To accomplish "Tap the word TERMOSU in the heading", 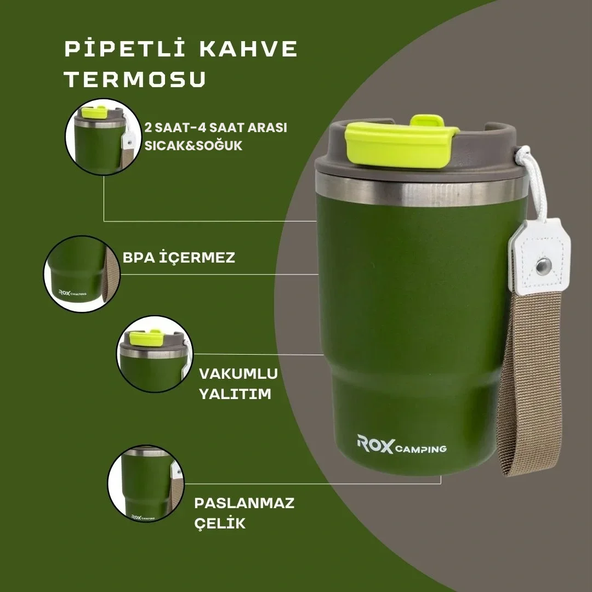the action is (135, 79).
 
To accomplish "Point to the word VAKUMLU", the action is (238, 374).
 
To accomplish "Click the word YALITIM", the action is (235, 394).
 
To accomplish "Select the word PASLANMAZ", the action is (244, 503).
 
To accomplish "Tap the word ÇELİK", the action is (220, 522).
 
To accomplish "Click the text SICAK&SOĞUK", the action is (193, 145).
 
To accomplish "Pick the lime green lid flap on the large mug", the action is (400, 141).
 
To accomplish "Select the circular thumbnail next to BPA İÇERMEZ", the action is (82, 274).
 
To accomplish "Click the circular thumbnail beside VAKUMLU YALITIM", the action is (155, 354).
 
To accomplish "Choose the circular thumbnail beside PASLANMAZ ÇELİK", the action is (146, 483).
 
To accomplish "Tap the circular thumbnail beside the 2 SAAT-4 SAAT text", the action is (104, 136).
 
